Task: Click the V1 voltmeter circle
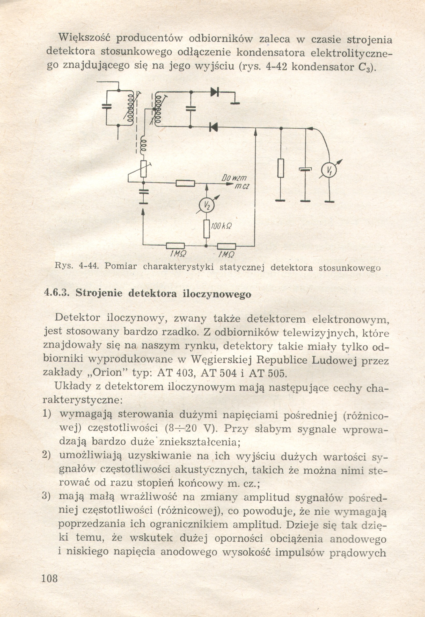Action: [329, 171]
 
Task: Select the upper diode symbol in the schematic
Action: [214, 92]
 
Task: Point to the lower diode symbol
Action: [213, 127]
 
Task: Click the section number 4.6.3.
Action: [56, 294]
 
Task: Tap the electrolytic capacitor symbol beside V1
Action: [305, 170]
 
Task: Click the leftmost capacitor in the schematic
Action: [107, 106]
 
